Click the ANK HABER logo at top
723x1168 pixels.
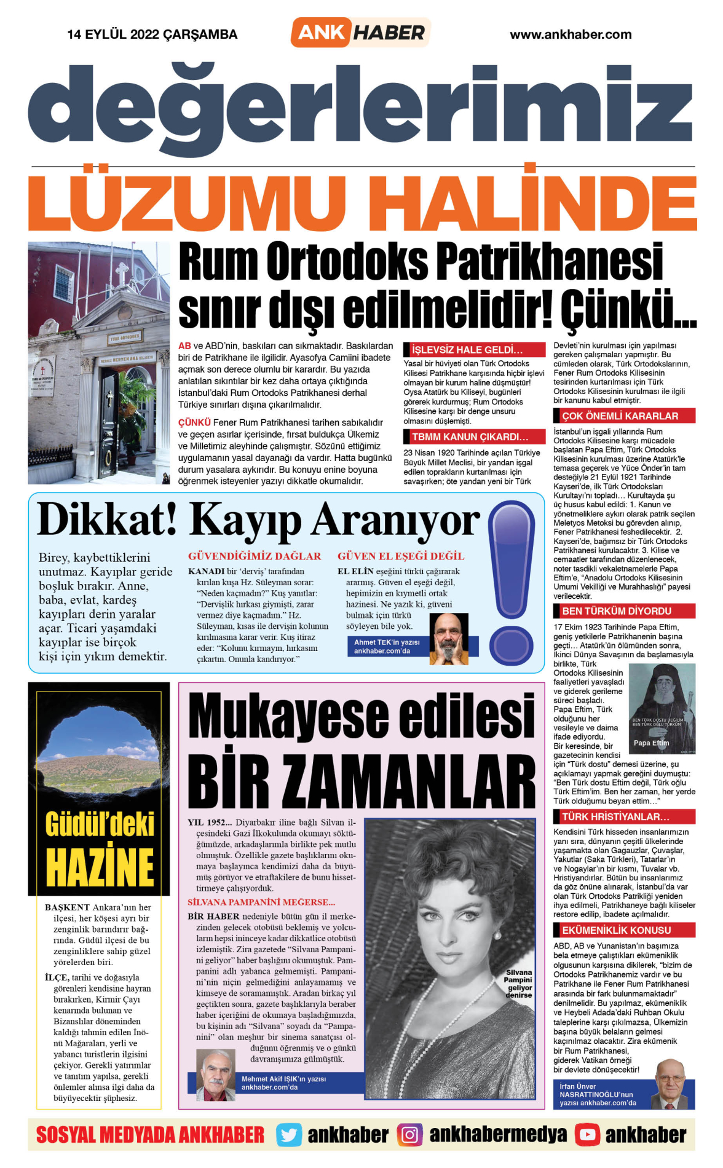[361, 33]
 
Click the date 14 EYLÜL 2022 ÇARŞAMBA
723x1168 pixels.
[152, 34]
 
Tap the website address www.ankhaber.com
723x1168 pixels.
[571, 34]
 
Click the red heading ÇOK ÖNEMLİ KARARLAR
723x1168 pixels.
[620, 416]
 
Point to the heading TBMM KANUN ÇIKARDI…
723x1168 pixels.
[470, 437]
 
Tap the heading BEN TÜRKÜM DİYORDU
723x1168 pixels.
[617, 611]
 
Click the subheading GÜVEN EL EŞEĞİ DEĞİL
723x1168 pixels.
[401, 556]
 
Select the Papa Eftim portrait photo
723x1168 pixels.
[663, 709]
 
